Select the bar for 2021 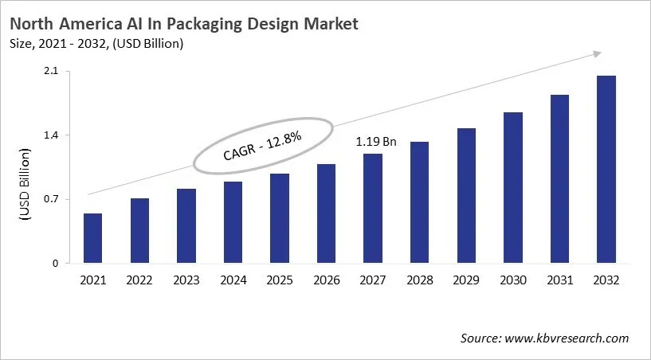point(93,238)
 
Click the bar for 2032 point(606,169)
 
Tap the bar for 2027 point(373,208)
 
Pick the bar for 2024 point(233,222)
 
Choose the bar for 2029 point(466,195)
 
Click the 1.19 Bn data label point(376,142)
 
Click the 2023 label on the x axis point(186,280)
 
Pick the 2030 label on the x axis point(513,280)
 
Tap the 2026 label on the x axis point(326,280)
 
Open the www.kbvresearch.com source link point(567,338)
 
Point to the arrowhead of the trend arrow point(597,54)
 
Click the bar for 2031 point(559,178)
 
